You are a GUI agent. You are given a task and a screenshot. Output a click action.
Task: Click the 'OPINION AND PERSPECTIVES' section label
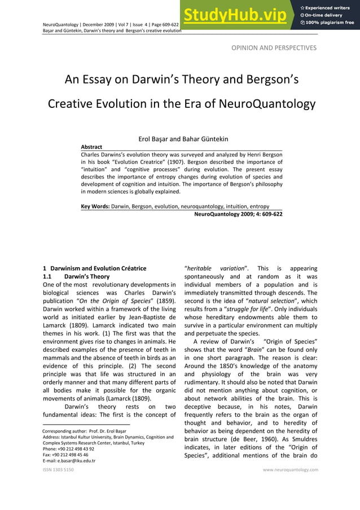(274, 48)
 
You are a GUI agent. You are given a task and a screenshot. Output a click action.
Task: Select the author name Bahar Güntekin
(205, 139)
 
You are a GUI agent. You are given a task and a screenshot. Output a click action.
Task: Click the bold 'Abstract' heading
(91, 147)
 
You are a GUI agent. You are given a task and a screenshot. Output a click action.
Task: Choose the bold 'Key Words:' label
(95, 206)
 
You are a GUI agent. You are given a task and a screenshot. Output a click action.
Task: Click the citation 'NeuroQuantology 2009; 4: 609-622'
(238, 214)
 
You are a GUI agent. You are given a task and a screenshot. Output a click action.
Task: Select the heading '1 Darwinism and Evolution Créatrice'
(95, 268)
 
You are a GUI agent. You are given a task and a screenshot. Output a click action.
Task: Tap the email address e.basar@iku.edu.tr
(69, 460)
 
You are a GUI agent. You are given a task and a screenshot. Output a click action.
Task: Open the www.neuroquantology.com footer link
(291, 469)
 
